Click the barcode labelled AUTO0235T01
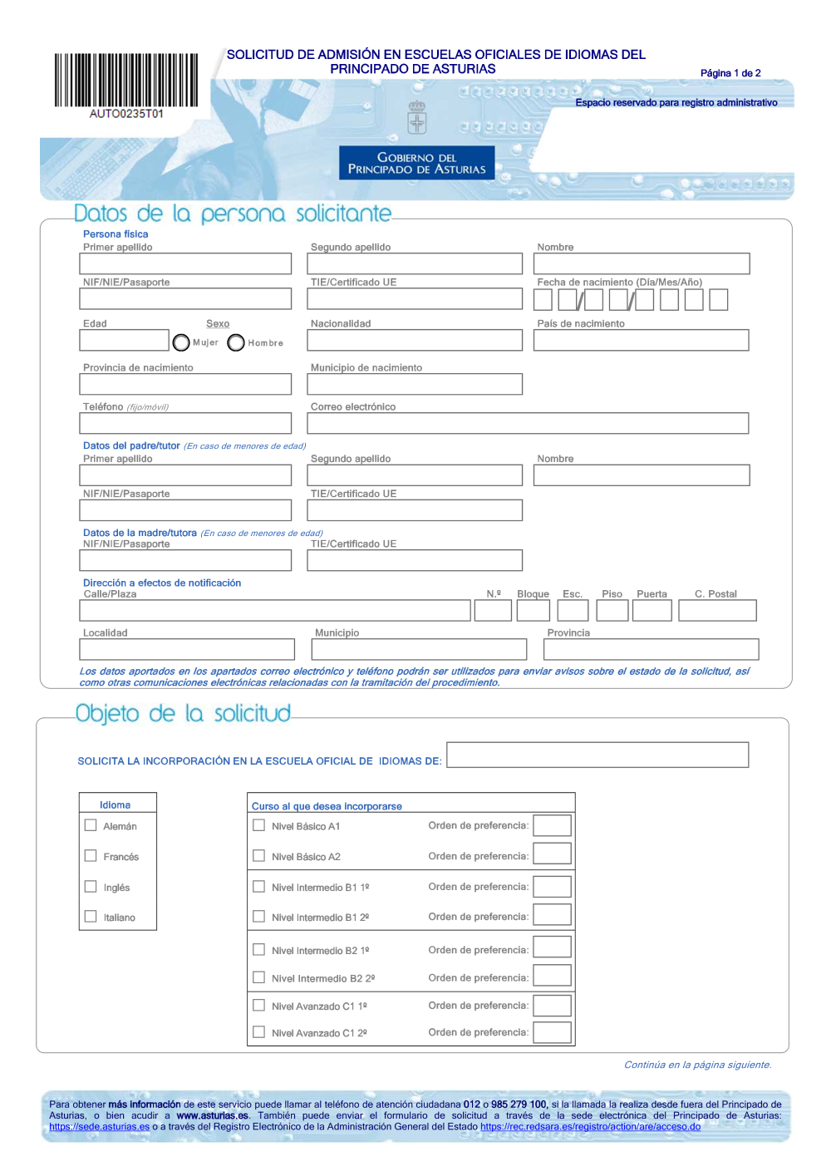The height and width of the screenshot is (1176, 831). coord(126,81)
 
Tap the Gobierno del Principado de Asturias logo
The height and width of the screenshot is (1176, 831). coord(416,163)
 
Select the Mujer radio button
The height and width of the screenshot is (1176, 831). coord(181,342)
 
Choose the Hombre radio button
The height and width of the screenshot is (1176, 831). coord(236,342)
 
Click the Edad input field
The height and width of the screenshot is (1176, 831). coord(125,340)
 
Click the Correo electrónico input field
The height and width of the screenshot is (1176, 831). coord(528,423)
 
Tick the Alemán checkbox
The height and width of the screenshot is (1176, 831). coord(91,825)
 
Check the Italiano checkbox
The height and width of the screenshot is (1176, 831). coord(91,917)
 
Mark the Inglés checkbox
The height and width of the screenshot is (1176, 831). coord(91,887)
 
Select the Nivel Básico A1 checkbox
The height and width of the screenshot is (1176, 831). coord(259,825)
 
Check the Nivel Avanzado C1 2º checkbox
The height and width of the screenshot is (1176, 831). coord(259,1032)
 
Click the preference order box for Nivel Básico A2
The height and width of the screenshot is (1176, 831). coord(552,854)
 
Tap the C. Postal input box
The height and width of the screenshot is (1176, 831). coord(717,611)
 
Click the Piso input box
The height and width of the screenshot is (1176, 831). coord(612,611)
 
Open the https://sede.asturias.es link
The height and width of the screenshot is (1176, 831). coord(100,1127)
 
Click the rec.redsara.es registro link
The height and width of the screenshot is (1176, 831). coord(590,1127)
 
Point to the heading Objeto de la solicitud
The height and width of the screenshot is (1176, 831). coord(183,713)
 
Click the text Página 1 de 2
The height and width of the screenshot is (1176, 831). coord(730,73)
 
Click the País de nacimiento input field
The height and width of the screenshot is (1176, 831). coord(641,340)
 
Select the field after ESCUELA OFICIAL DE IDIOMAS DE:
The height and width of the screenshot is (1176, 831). coord(597,755)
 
